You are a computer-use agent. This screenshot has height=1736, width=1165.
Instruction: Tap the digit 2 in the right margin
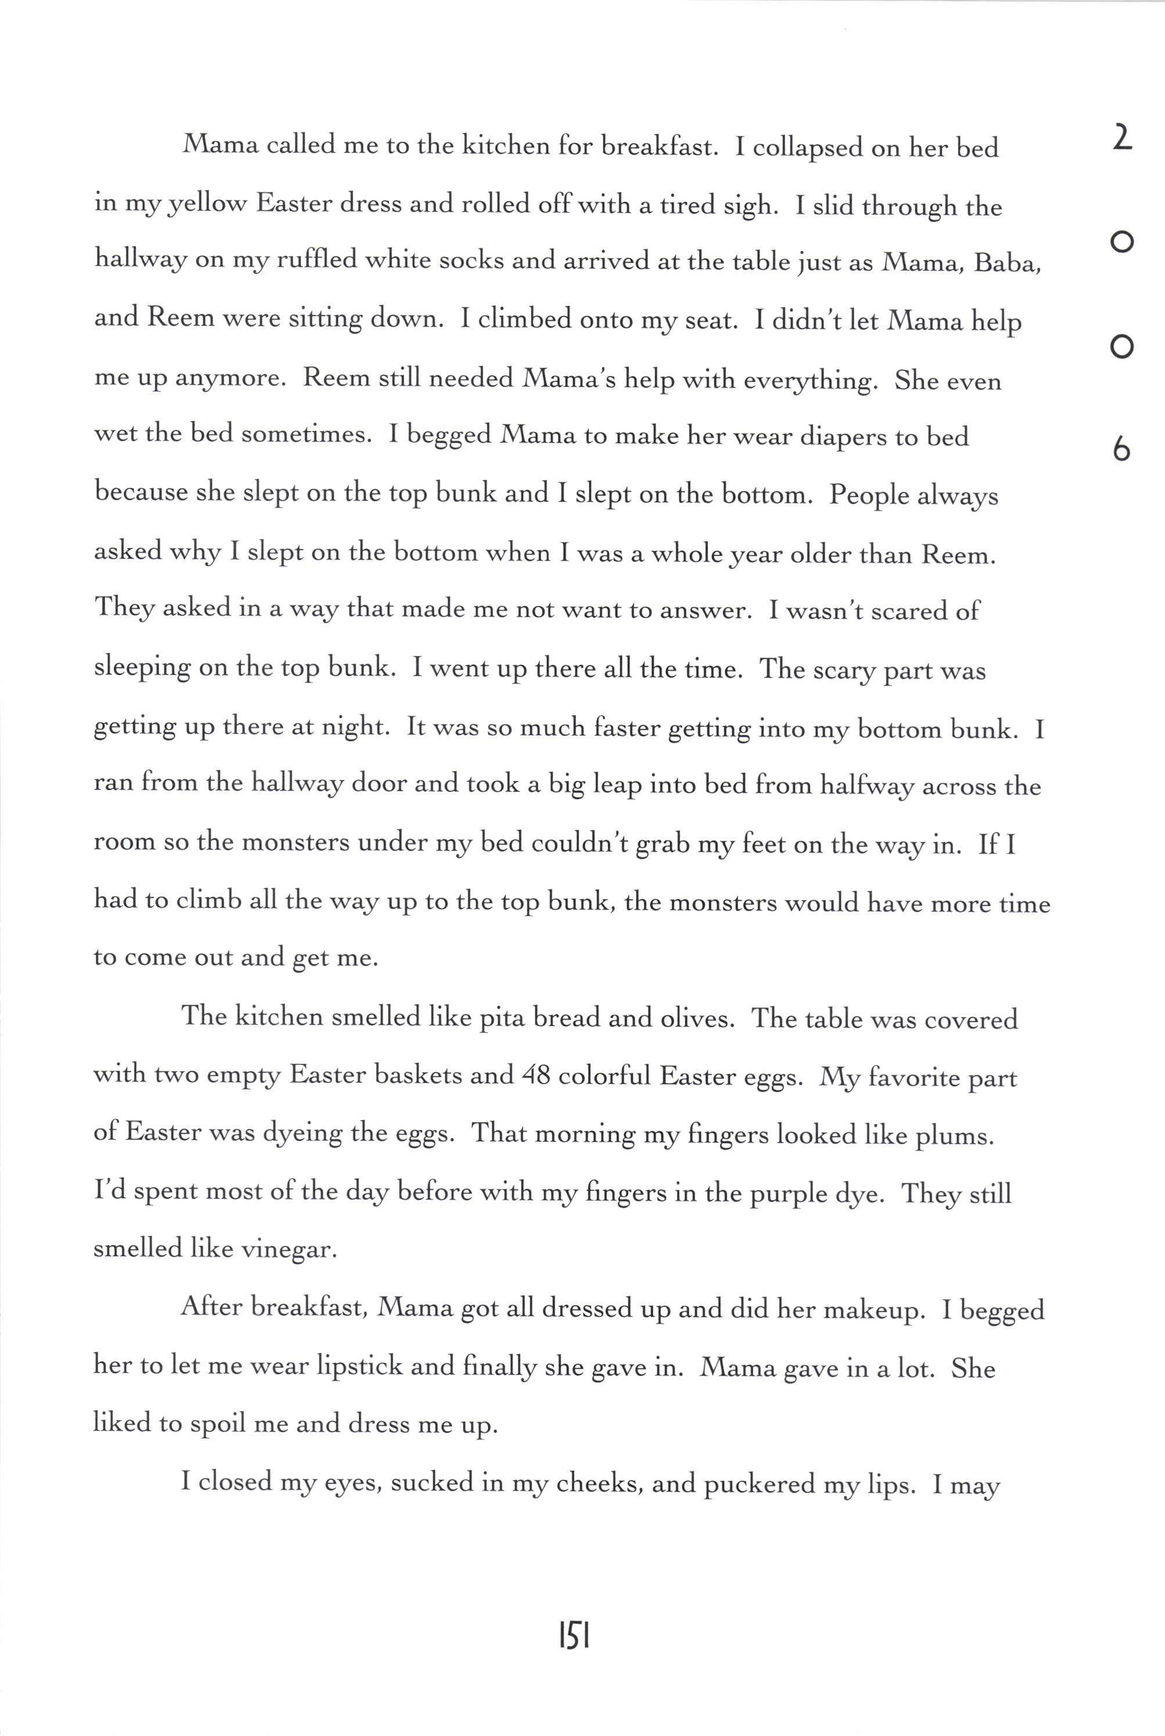pos(1123,138)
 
